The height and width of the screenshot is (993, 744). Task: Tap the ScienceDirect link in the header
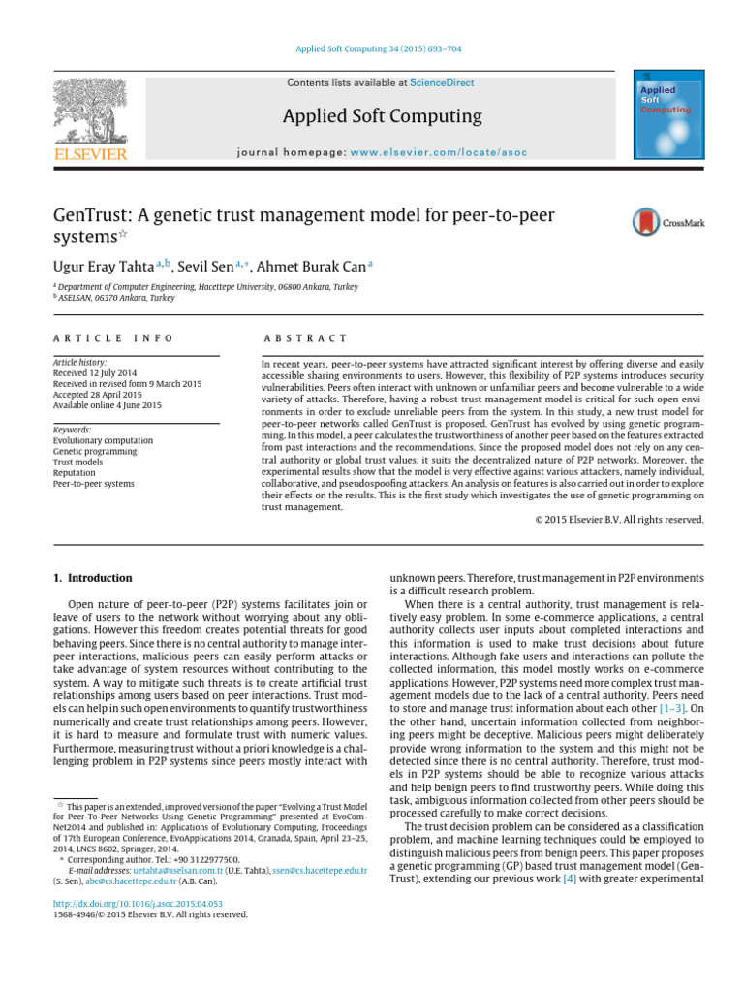point(442,83)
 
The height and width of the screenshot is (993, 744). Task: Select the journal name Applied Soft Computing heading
point(382,116)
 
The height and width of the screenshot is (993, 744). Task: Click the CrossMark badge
point(667,223)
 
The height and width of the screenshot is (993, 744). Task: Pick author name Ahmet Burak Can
point(309,265)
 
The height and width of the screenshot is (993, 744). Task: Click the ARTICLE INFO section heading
point(113,338)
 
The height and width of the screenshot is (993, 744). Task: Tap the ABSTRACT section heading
point(304,338)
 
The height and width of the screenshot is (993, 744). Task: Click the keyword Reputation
point(75,472)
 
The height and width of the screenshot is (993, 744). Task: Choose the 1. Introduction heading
point(91,578)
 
